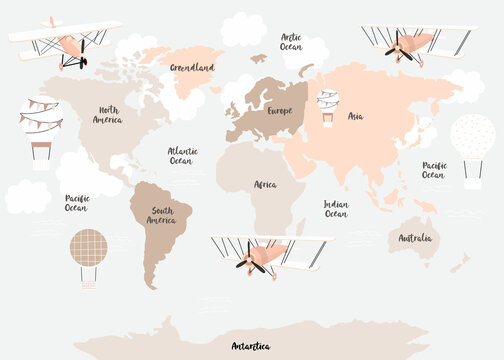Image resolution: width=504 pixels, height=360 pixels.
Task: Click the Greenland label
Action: coord(192,68)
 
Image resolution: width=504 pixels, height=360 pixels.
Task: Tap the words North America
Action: coord(108,115)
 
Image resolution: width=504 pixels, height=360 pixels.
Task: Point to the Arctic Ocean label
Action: coord(291,41)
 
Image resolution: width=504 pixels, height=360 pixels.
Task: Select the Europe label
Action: coord(279,111)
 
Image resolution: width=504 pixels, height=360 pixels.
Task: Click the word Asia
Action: coord(355,116)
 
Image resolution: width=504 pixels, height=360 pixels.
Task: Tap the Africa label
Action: coord(265,185)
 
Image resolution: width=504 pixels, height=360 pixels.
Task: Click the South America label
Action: coord(161,215)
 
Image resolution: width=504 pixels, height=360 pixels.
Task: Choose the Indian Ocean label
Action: coord(336,208)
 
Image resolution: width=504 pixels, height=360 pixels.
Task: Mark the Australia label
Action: coord(415,238)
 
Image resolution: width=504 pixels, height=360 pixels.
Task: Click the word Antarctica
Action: coord(250,346)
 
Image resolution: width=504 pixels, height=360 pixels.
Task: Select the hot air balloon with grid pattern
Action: coord(88,247)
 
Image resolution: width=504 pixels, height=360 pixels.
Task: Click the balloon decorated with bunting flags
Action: coord(40,120)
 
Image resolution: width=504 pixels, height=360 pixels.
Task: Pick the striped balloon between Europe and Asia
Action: coord(327,100)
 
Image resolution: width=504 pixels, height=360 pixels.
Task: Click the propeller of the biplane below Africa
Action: coord(248,263)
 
